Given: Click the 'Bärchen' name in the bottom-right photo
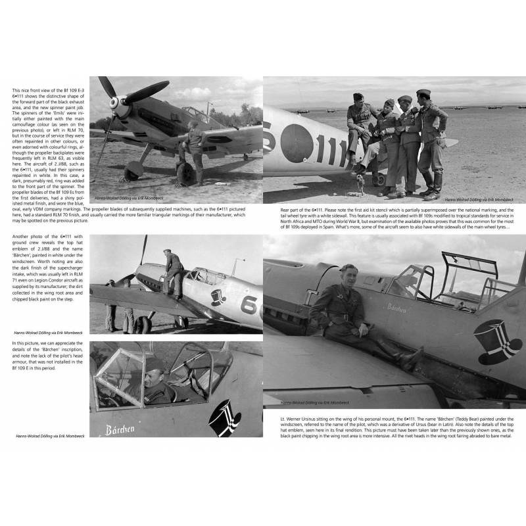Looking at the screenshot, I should coord(397,307).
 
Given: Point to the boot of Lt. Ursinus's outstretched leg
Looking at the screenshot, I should coord(413,358).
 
